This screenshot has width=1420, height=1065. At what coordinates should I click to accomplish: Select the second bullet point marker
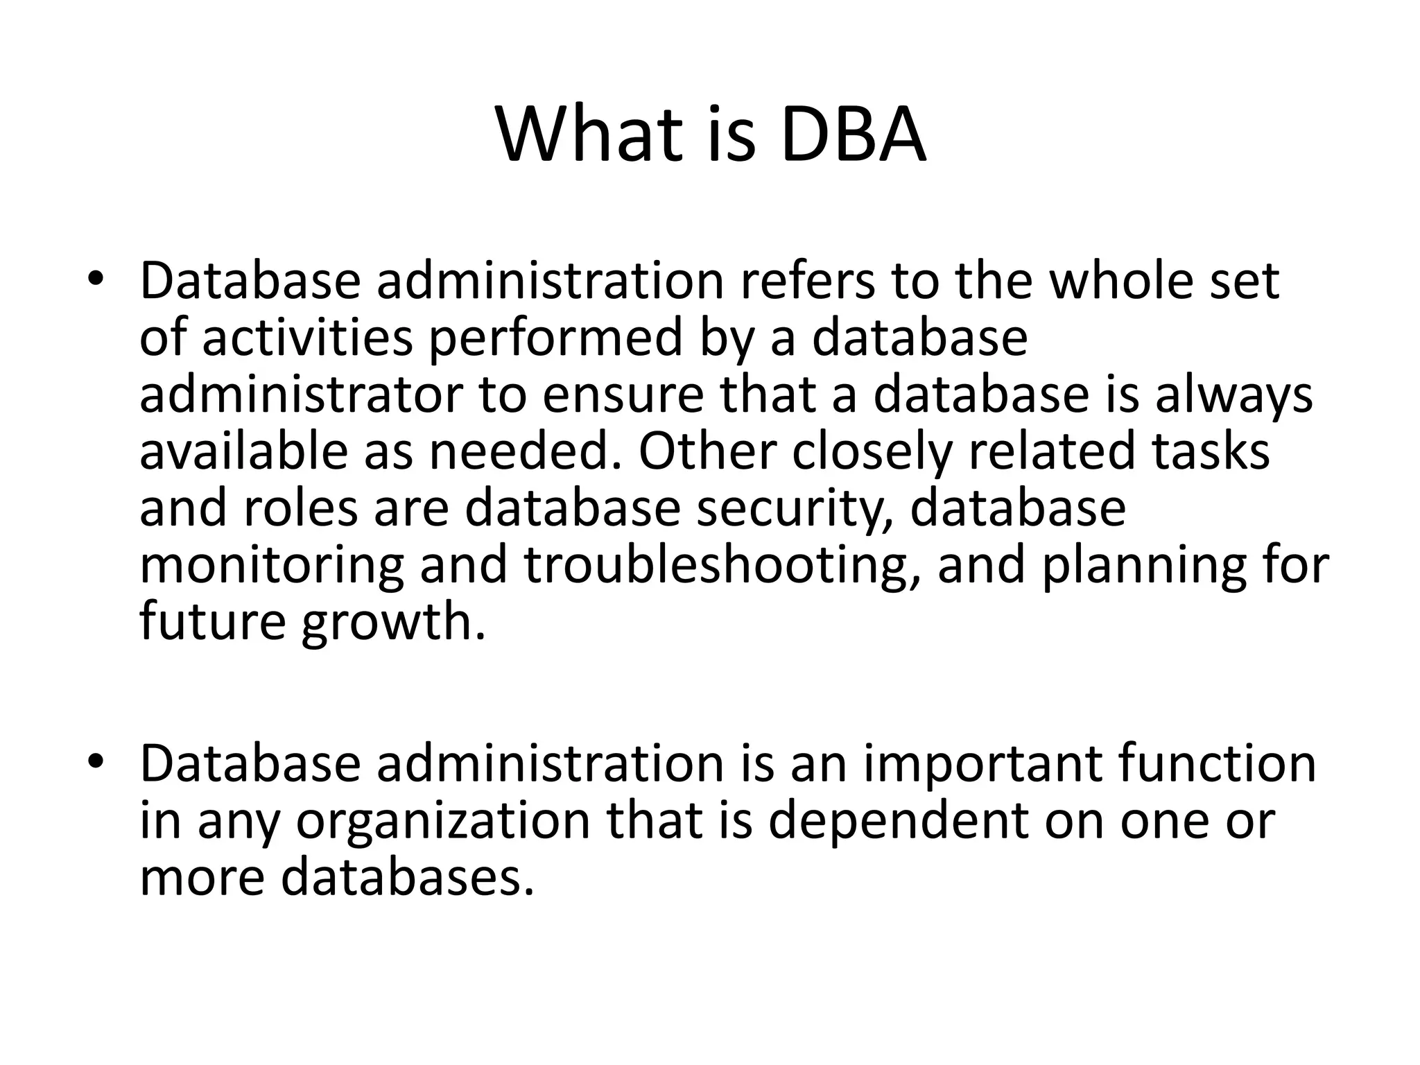[x=95, y=763]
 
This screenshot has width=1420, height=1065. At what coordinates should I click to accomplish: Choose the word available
[x=245, y=451]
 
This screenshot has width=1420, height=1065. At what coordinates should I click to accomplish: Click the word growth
[x=392, y=622]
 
